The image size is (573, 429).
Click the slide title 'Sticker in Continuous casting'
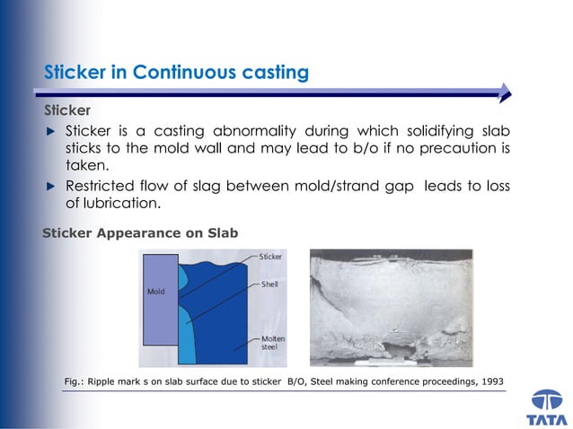[x=176, y=72]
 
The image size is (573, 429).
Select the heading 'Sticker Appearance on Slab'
[x=140, y=233]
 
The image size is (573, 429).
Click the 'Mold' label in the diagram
[x=156, y=292]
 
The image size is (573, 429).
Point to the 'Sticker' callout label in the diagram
[x=270, y=257]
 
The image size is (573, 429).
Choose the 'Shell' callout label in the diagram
[x=269, y=284]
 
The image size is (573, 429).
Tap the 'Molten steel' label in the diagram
[x=273, y=344]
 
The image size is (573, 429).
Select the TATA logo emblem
[x=547, y=400]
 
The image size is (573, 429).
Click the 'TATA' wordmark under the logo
[x=547, y=419]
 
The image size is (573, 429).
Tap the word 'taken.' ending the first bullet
[x=86, y=165]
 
